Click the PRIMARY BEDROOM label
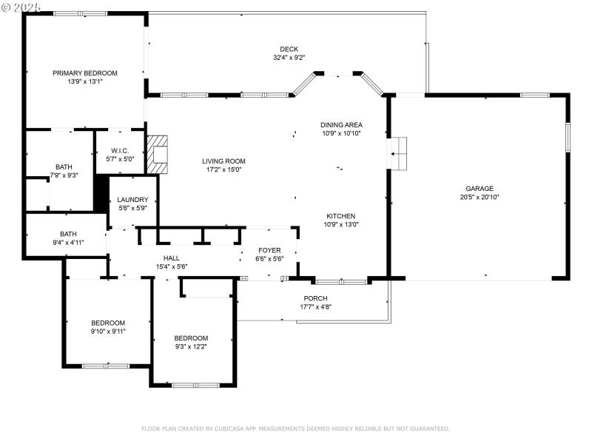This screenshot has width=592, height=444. coord(84,73)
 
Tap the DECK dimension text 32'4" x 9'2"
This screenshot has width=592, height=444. coord(289,58)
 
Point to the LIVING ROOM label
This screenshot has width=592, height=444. coord(223,161)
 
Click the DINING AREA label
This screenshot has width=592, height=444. coord(340,125)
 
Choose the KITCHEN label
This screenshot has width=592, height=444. coord(340,216)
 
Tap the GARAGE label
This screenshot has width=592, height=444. coord(479,188)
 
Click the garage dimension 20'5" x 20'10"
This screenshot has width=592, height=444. coord(479,197)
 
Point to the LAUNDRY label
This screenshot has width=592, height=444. coord(133,199)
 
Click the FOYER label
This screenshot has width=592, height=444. coord(269,250)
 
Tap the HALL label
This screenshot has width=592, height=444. coord(172,258)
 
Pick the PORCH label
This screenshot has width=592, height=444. coord(315,298)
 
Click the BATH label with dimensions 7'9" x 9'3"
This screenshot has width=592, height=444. coord(64,166)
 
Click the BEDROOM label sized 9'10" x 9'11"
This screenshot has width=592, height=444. coord(108,323)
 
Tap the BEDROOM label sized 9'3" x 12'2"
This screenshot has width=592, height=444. coord(191,337)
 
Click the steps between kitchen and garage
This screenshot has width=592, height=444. coord(398,153)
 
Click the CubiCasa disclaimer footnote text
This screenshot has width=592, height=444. coord(295,428)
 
